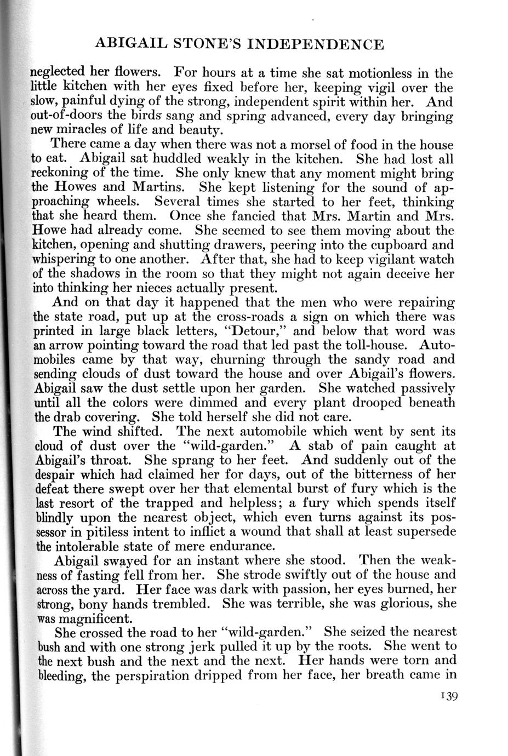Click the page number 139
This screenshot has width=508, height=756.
pyautogui.click(x=447, y=696)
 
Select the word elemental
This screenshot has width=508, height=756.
pyautogui.click(x=230, y=488)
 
